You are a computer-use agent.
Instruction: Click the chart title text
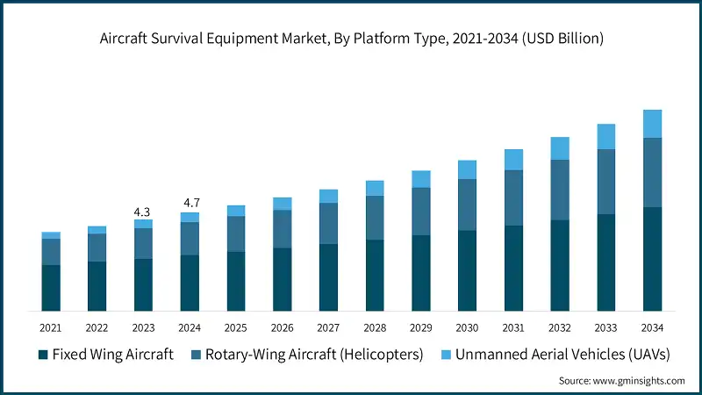pyautogui.click(x=350, y=39)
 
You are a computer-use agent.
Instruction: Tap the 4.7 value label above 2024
pyautogui.click(x=190, y=204)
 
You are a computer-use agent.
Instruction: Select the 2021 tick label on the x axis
pyautogui.click(x=50, y=327)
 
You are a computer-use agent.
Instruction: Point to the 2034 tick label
pyautogui.click(x=652, y=327)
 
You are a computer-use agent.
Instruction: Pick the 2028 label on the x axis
pyautogui.click(x=375, y=327)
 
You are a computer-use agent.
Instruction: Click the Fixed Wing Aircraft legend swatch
pyautogui.click(x=42, y=355)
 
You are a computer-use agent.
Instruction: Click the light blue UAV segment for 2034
pyautogui.click(x=652, y=124)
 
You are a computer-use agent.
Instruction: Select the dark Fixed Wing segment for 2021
pyautogui.click(x=51, y=287)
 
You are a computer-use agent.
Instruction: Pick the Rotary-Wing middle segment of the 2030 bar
pyautogui.click(x=467, y=205)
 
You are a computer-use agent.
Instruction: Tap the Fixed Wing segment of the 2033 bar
pyautogui.click(x=605, y=262)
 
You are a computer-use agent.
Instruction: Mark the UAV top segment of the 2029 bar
pyautogui.click(x=421, y=179)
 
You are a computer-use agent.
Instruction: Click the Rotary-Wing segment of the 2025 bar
pyautogui.click(x=236, y=233)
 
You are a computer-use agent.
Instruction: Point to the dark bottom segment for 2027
pyautogui.click(x=328, y=276)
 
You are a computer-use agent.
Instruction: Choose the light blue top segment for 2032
pyautogui.click(x=560, y=148)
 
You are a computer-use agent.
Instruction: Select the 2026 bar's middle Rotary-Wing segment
pyautogui.click(x=282, y=229)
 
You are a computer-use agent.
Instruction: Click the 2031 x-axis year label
pyautogui.click(x=513, y=327)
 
